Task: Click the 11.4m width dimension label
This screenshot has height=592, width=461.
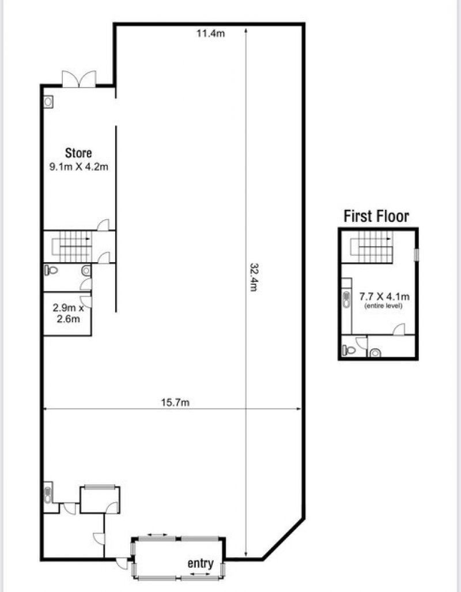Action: click(210, 33)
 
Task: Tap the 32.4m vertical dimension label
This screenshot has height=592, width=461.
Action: click(254, 277)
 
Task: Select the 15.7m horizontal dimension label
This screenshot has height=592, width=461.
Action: click(175, 402)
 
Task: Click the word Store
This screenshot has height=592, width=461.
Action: click(78, 153)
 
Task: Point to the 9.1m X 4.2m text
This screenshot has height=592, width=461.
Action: click(79, 167)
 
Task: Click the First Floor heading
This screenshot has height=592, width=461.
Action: click(376, 216)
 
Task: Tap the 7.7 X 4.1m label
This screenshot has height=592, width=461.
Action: click(384, 296)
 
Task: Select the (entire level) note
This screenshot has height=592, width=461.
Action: click(383, 306)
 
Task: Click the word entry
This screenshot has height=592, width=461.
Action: click(201, 563)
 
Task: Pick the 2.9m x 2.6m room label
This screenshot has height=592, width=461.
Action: click(69, 314)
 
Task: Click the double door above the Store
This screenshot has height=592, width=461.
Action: click(79, 79)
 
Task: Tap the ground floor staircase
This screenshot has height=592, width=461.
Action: click(72, 247)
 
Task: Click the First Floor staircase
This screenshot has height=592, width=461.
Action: click(372, 247)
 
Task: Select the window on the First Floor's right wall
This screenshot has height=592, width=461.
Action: click(417, 255)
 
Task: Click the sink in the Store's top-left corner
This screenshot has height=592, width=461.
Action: click(48, 101)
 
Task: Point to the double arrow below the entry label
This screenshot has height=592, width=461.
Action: click(200, 574)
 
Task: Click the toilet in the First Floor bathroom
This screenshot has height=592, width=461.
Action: click(349, 350)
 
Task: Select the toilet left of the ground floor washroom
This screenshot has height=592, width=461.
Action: click(51, 270)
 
